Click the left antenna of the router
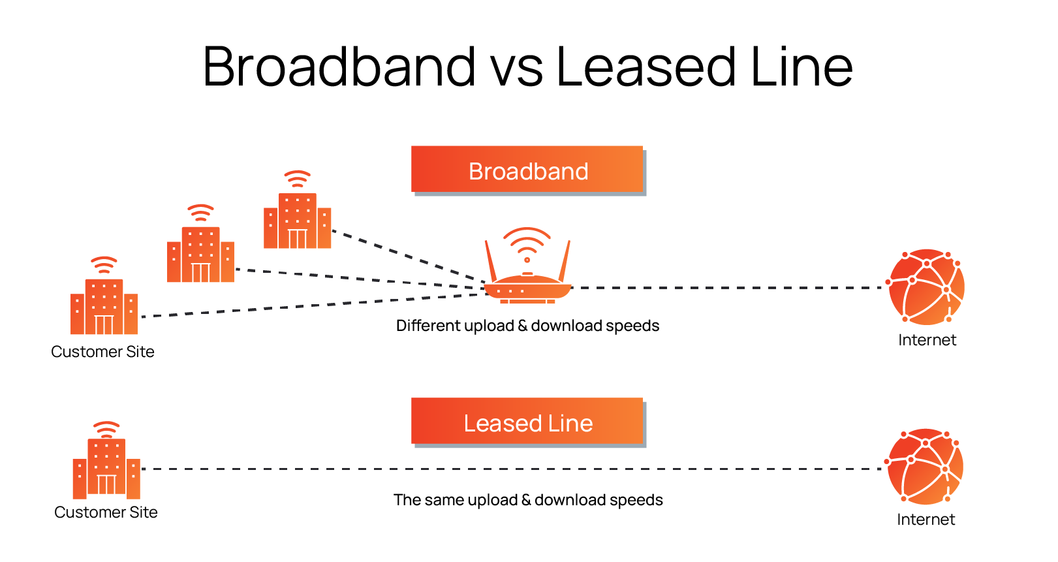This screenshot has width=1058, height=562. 490,260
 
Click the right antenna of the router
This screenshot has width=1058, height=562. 565,260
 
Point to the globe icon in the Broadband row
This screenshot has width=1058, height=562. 926,287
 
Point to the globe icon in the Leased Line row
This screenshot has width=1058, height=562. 925,466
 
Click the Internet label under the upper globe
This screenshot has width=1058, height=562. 927,340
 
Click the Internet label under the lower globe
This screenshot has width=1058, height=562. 926,520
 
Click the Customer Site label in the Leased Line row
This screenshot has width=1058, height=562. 106,512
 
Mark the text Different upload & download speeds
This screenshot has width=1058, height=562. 527,326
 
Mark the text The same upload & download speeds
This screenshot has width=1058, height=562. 528,500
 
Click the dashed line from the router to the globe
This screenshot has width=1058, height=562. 724,287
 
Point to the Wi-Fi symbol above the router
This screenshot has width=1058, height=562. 527,244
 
